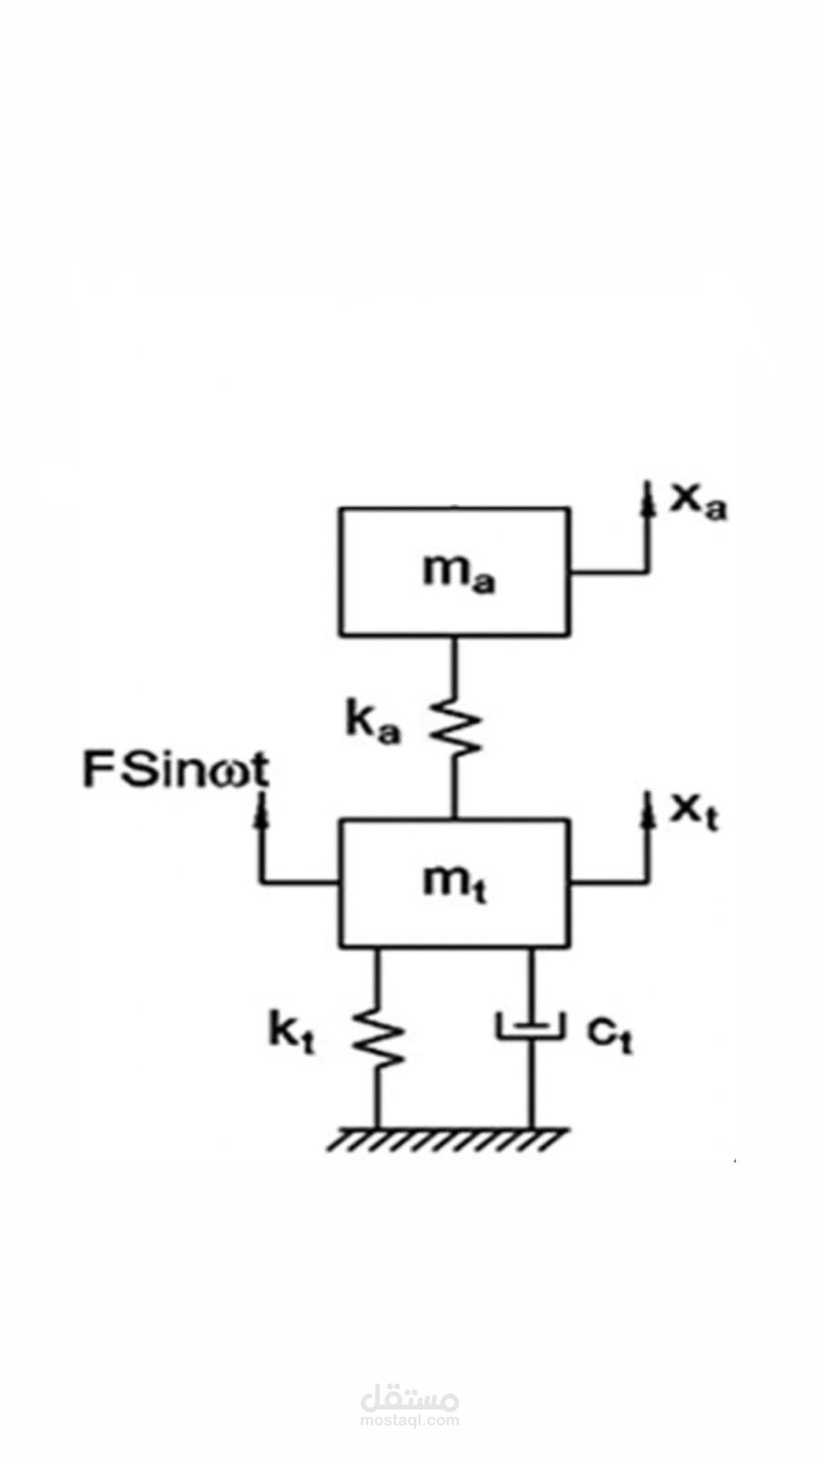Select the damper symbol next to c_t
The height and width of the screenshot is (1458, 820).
[531, 1026]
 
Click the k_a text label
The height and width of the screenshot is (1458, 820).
[373, 724]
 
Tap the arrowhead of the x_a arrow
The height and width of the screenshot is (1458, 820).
[647, 497]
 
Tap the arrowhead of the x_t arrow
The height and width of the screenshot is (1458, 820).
[647, 808]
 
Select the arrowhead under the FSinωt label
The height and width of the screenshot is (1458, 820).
[261, 808]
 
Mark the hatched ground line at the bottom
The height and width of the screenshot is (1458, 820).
[447, 1139]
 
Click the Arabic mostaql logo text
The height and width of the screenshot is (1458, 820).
[410, 1398]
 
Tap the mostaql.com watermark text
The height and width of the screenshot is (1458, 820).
[410, 1421]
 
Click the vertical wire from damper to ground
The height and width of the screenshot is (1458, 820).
[532, 1083]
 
